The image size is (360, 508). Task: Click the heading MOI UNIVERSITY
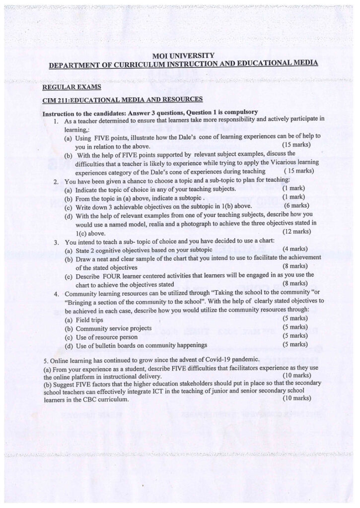coord(184,56)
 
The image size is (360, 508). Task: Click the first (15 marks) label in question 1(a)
coord(296,145)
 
